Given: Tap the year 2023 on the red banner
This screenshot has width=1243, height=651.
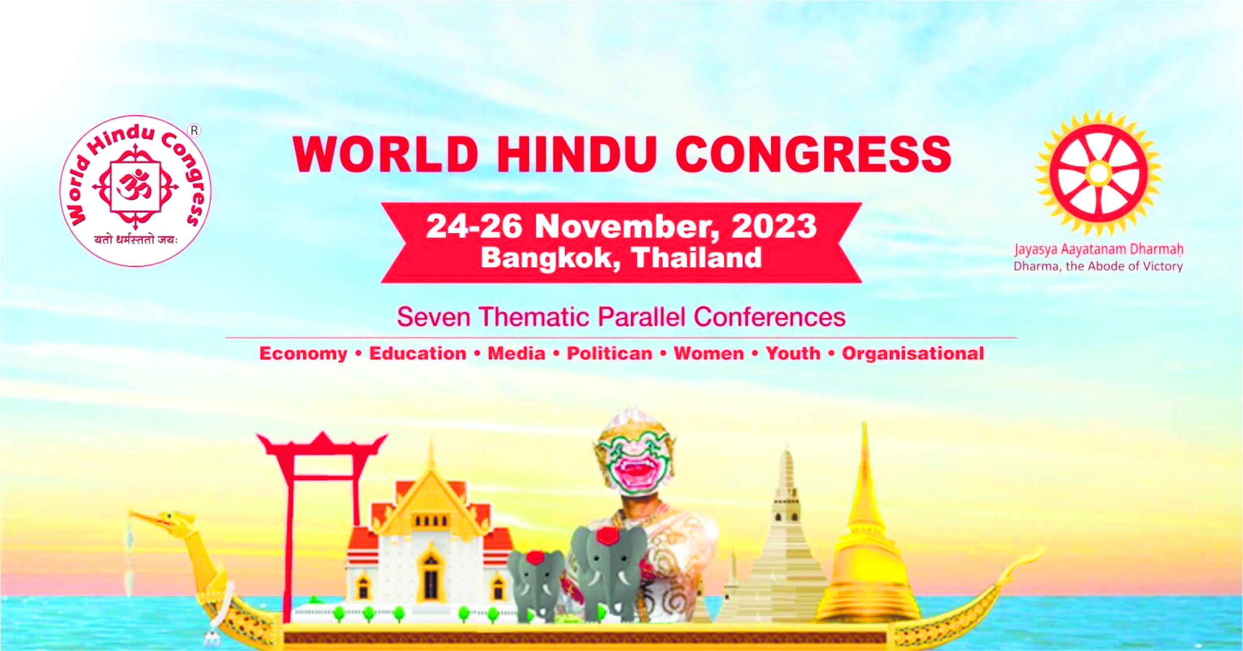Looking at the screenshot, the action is (774, 226).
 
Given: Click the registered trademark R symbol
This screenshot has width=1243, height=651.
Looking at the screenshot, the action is (194, 131).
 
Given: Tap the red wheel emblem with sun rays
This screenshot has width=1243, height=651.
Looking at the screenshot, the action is (1099, 173).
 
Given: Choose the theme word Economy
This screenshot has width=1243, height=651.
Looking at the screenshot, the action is (303, 354).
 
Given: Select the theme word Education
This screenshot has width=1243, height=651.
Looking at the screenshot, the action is (418, 353).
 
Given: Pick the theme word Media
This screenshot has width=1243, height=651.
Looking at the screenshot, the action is (516, 353).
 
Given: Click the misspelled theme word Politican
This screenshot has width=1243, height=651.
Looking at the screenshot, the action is (610, 353).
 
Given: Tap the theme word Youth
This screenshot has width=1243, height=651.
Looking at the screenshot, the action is (793, 353).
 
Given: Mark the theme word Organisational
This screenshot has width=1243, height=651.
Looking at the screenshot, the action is (913, 354).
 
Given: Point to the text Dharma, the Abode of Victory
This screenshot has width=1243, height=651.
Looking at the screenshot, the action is (1098, 266).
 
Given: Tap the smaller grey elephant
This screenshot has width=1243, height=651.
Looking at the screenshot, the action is (536, 584).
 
